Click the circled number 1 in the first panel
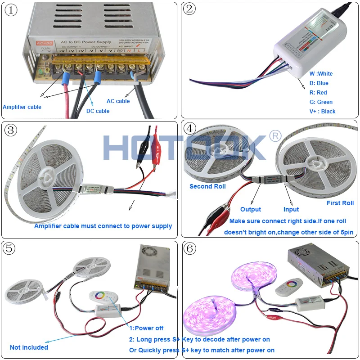11,10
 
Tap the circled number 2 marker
190,9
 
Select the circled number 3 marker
11,130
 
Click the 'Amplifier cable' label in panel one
22,107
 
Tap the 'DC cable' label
98,111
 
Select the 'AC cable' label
118,101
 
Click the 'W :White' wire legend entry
321,73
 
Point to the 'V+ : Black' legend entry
322,112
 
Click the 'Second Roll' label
207,186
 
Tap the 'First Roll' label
340,203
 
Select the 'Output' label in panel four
251,209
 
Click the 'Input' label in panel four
291,209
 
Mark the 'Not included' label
29,347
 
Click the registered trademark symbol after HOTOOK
274,136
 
